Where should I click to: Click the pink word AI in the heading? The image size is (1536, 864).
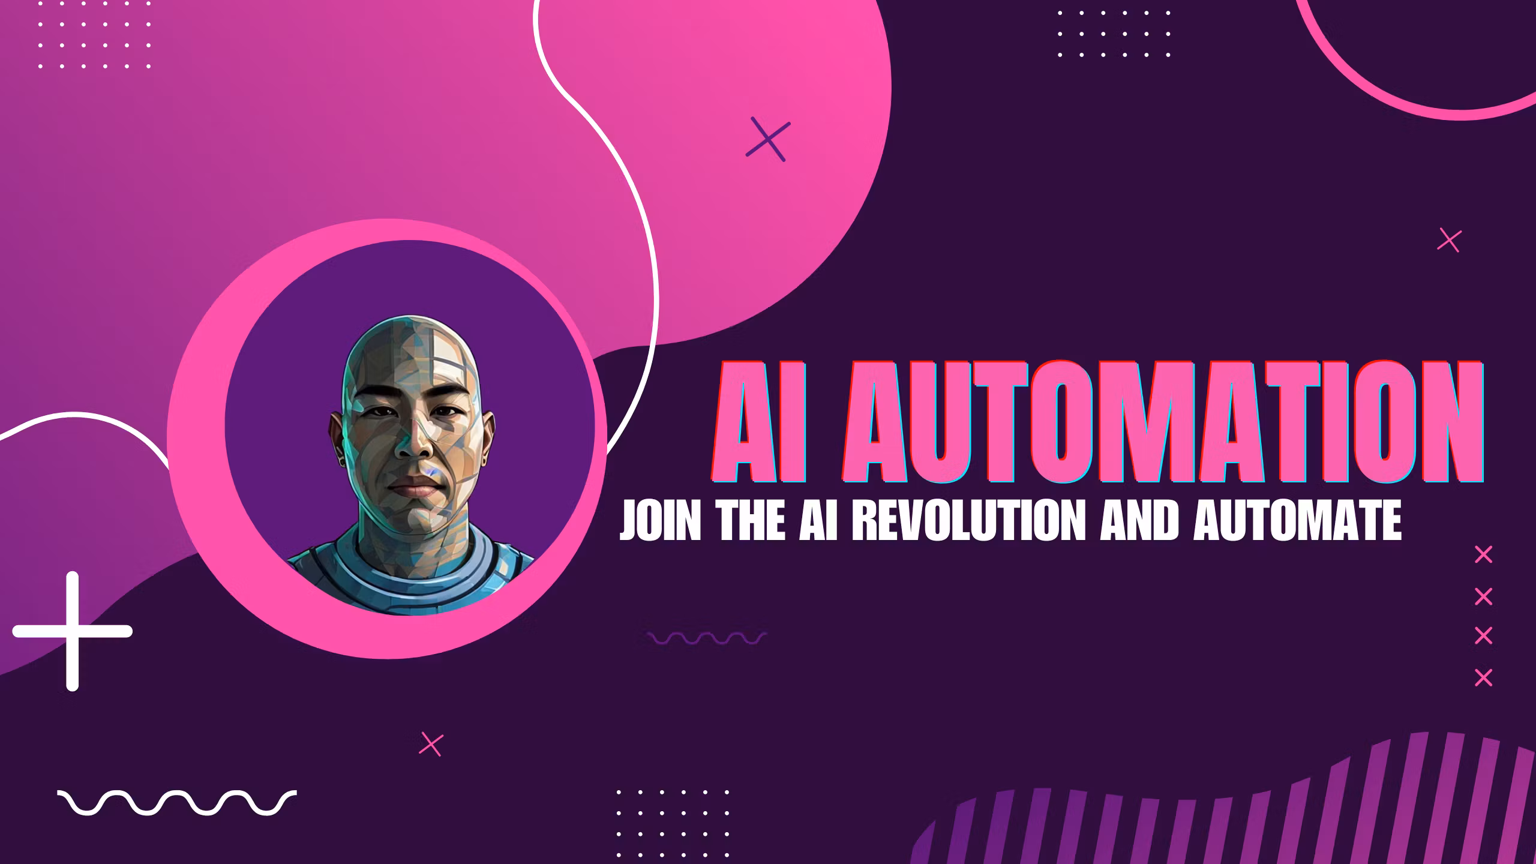(760, 421)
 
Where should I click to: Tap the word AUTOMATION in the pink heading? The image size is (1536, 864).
(1161, 421)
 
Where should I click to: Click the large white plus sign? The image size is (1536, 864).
(72, 631)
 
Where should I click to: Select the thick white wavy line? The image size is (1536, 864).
(176, 803)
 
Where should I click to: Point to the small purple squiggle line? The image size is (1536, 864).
(707, 638)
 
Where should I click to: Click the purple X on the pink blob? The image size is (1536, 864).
(768, 139)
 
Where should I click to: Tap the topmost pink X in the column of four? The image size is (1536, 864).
(1483, 555)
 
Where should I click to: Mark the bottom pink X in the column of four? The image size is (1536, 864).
(1483, 678)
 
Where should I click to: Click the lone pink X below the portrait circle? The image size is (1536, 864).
(431, 744)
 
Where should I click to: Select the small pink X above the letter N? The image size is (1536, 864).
(1450, 241)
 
